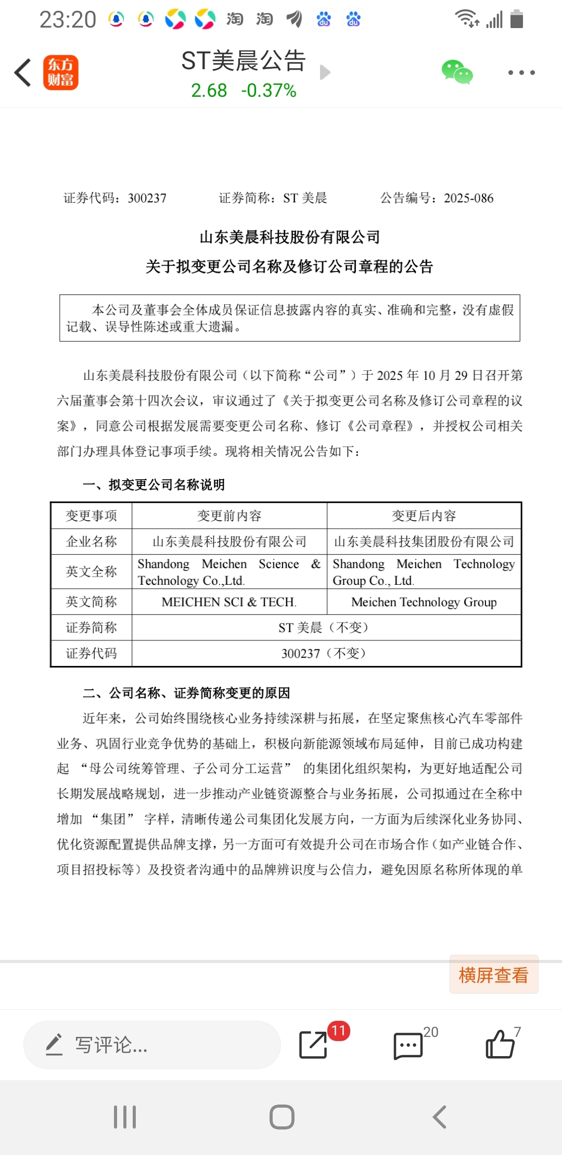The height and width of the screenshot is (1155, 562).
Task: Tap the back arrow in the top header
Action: coord(23,72)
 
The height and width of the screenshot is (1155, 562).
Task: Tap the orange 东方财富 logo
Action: coord(60,72)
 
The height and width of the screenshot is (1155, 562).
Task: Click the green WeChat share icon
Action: coord(457,72)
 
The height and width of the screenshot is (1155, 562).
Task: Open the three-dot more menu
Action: coord(521,72)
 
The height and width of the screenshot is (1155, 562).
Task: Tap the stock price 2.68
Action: coord(209,91)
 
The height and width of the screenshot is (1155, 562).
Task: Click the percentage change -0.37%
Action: coord(269,91)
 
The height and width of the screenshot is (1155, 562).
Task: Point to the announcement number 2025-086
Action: coord(468,198)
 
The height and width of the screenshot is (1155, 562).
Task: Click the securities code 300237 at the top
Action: coord(147,198)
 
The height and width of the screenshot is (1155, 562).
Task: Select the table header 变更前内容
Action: coord(229,516)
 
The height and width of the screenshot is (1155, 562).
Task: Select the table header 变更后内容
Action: coord(424,516)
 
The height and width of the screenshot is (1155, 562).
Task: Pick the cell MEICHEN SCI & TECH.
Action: coord(229,602)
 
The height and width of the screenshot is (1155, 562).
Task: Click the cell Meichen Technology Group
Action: coord(424,602)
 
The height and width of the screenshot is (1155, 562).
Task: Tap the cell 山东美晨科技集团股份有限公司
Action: coord(424,542)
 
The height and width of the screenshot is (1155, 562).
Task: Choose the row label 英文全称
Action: coord(92,572)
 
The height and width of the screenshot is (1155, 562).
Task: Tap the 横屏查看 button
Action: coord(493,974)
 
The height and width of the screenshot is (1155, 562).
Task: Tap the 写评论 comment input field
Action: coord(152,1045)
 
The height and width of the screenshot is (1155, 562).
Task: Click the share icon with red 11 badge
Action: coord(314,1044)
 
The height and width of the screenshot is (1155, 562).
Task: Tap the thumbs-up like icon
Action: coord(500,1044)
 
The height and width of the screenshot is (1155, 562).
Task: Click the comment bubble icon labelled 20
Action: coord(408,1045)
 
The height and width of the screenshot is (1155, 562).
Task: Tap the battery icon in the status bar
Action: coord(516,19)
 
